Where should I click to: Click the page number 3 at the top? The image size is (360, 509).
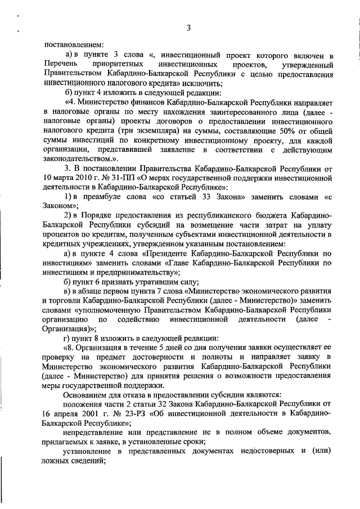coord(189,28)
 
